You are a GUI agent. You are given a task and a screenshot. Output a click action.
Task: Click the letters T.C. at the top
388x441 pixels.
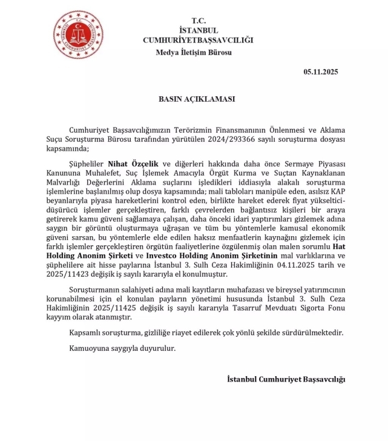click(x=198, y=21)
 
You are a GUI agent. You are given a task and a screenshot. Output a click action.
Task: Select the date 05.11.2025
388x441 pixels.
click(x=321, y=72)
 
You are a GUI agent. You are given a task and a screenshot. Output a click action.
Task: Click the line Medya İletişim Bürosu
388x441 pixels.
click(x=194, y=52)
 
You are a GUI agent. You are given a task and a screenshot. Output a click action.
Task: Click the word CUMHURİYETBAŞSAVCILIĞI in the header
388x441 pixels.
click(x=198, y=40)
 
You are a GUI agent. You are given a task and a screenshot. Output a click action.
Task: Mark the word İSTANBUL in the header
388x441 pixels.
click(x=199, y=30)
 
